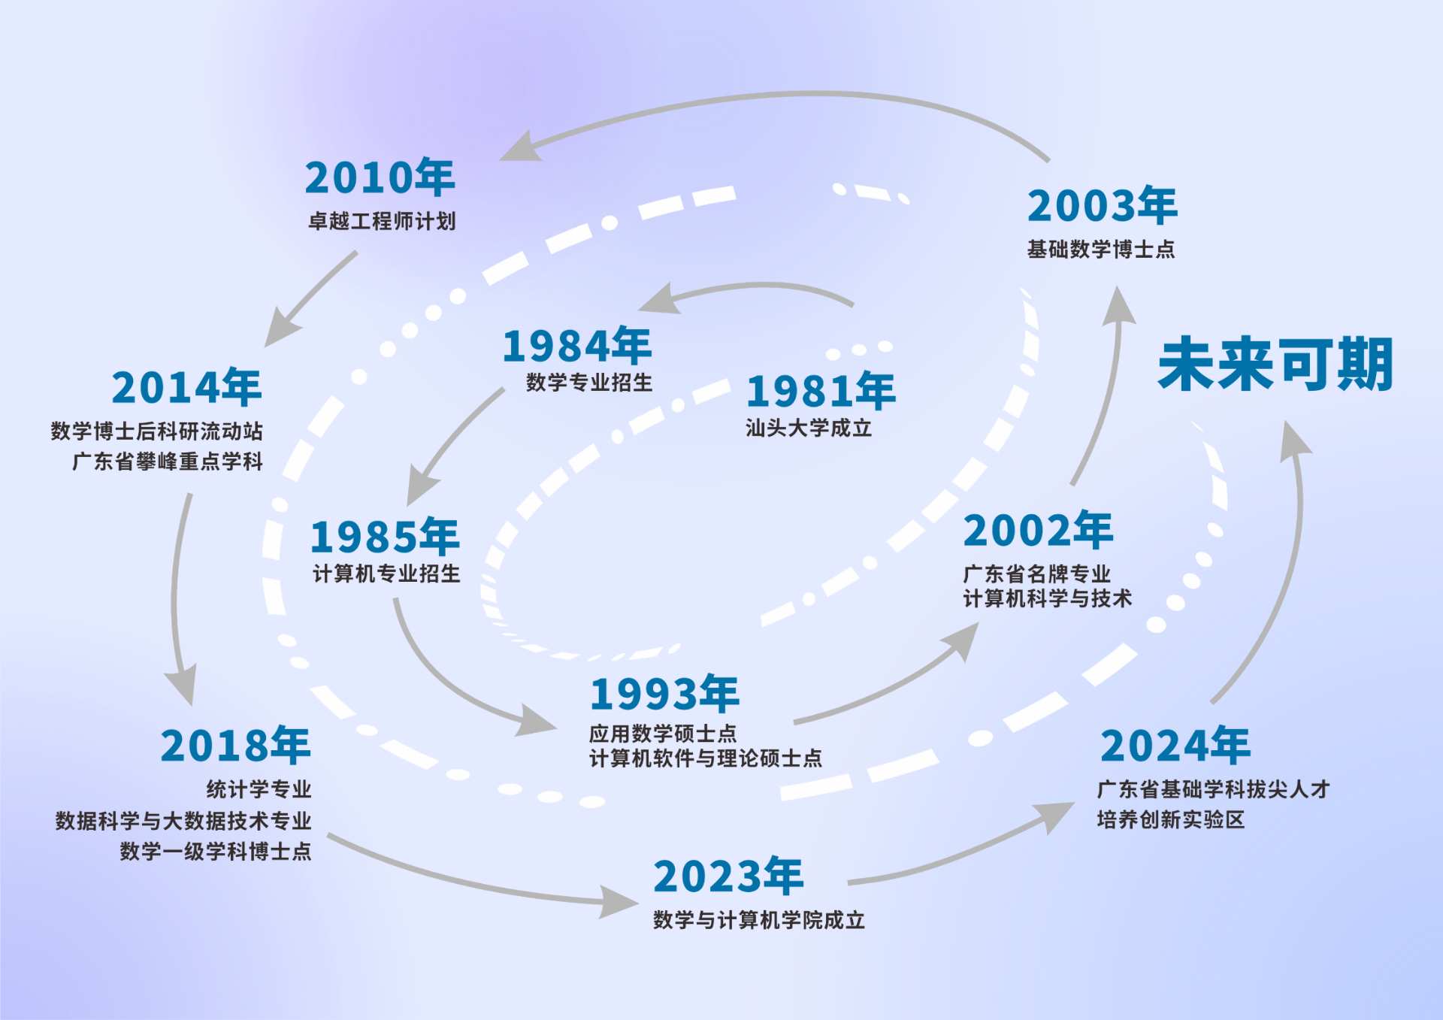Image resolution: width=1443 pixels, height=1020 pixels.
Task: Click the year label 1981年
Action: pyautogui.click(x=821, y=391)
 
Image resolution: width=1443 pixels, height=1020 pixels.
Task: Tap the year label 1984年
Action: pyautogui.click(x=577, y=346)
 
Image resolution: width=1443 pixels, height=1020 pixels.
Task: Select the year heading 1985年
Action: pyautogui.click(x=385, y=537)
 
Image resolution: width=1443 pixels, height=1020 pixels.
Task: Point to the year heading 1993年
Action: pyautogui.click(x=664, y=694)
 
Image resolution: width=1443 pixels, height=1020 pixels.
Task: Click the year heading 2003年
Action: pyautogui.click(x=1102, y=206)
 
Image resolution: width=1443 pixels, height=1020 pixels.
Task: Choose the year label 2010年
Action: pyautogui.click(x=380, y=177)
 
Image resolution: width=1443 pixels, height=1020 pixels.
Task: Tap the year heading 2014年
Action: pyautogui.click(x=186, y=387)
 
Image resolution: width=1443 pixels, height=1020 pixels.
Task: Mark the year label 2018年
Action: pyautogui.click(x=235, y=745)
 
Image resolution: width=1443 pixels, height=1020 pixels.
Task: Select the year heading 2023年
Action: pyautogui.click(x=728, y=876)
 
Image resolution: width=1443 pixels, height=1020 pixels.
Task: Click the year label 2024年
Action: pyautogui.click(x=1175, y=745)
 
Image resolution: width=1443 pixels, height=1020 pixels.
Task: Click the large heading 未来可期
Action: pyautogui.click(x=1275, y=365)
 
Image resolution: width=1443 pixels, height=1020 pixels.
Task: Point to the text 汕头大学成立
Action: pyautogui.click(x=809, y=428)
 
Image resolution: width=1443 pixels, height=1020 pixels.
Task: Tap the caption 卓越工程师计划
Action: pyautogui.click(x=382, y=221)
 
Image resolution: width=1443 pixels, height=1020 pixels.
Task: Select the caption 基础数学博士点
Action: pyautogui.click(x=1101, y=250)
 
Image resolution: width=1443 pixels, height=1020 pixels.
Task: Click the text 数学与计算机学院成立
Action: pyautogui.click(x=759, y=920)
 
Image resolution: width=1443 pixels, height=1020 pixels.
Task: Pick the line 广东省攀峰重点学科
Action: pyautogui.click(x=168, y=462)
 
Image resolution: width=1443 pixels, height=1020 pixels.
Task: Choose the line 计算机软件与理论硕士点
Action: pyautogui.click(x=705, y=758)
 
